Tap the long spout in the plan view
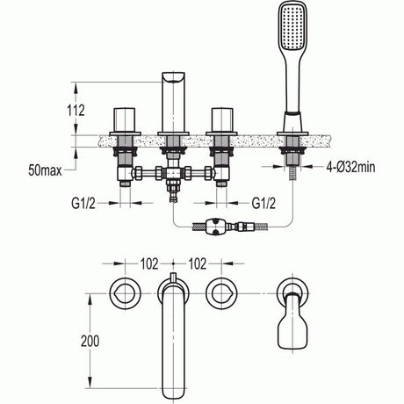pyautogui.click(x=172, y=343)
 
